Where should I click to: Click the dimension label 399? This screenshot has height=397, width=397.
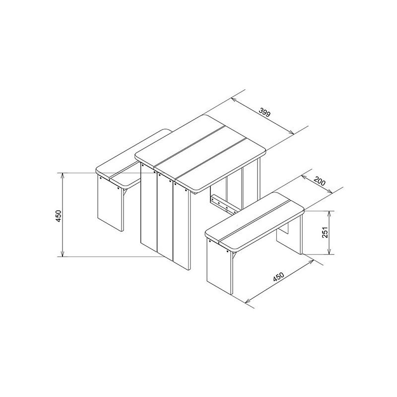[265, 112]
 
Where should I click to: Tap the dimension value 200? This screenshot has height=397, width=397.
[319, 181]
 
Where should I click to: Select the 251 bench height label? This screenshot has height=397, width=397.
[325, 232]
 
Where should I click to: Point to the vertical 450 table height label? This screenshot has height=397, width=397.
[59, 216]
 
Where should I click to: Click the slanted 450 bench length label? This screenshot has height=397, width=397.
[278, 277]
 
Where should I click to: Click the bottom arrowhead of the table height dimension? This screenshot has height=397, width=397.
[63, 254]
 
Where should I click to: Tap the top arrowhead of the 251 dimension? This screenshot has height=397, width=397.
[329, 214]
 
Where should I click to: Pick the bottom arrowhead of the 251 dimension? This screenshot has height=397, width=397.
[329, 251]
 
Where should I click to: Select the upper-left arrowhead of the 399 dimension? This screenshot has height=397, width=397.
[234, 100]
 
